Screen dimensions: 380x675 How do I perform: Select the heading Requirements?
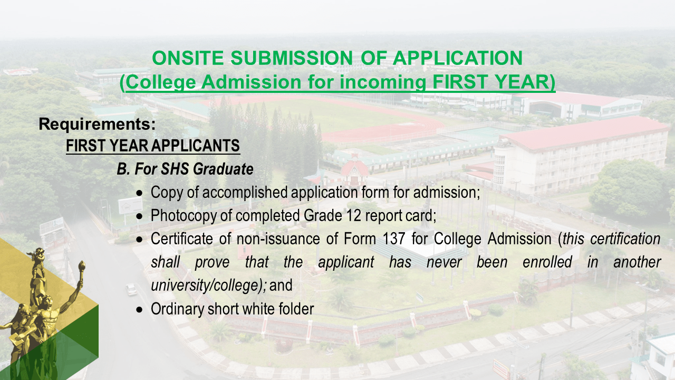tap(97, 125)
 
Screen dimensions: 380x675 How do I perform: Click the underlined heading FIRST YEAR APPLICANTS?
tap(153, 146)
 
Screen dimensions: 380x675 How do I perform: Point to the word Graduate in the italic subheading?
tap(224, 169)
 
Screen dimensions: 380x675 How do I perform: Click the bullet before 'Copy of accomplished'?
tap(139, 193)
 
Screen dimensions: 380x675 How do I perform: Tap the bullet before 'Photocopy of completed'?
tap(139, 216)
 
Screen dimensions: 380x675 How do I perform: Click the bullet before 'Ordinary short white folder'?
tap(139, 309)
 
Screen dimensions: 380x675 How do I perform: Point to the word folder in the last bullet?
tap(298, 309)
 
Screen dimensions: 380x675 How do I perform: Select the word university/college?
tap(206, 286)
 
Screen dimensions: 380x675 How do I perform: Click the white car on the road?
tap(131, 289)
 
